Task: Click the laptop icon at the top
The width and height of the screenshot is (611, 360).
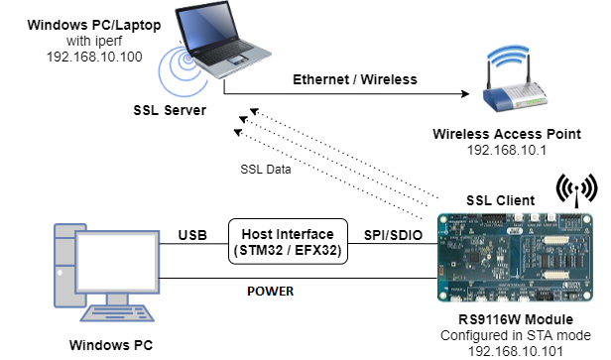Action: (x=213, y=50)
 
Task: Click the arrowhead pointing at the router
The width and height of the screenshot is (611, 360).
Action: (x=463, y=95)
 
